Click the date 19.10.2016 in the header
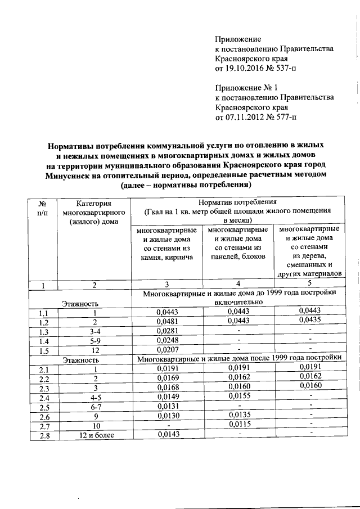245,69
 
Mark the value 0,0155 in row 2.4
238,397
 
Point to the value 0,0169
165,379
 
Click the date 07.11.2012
245,118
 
